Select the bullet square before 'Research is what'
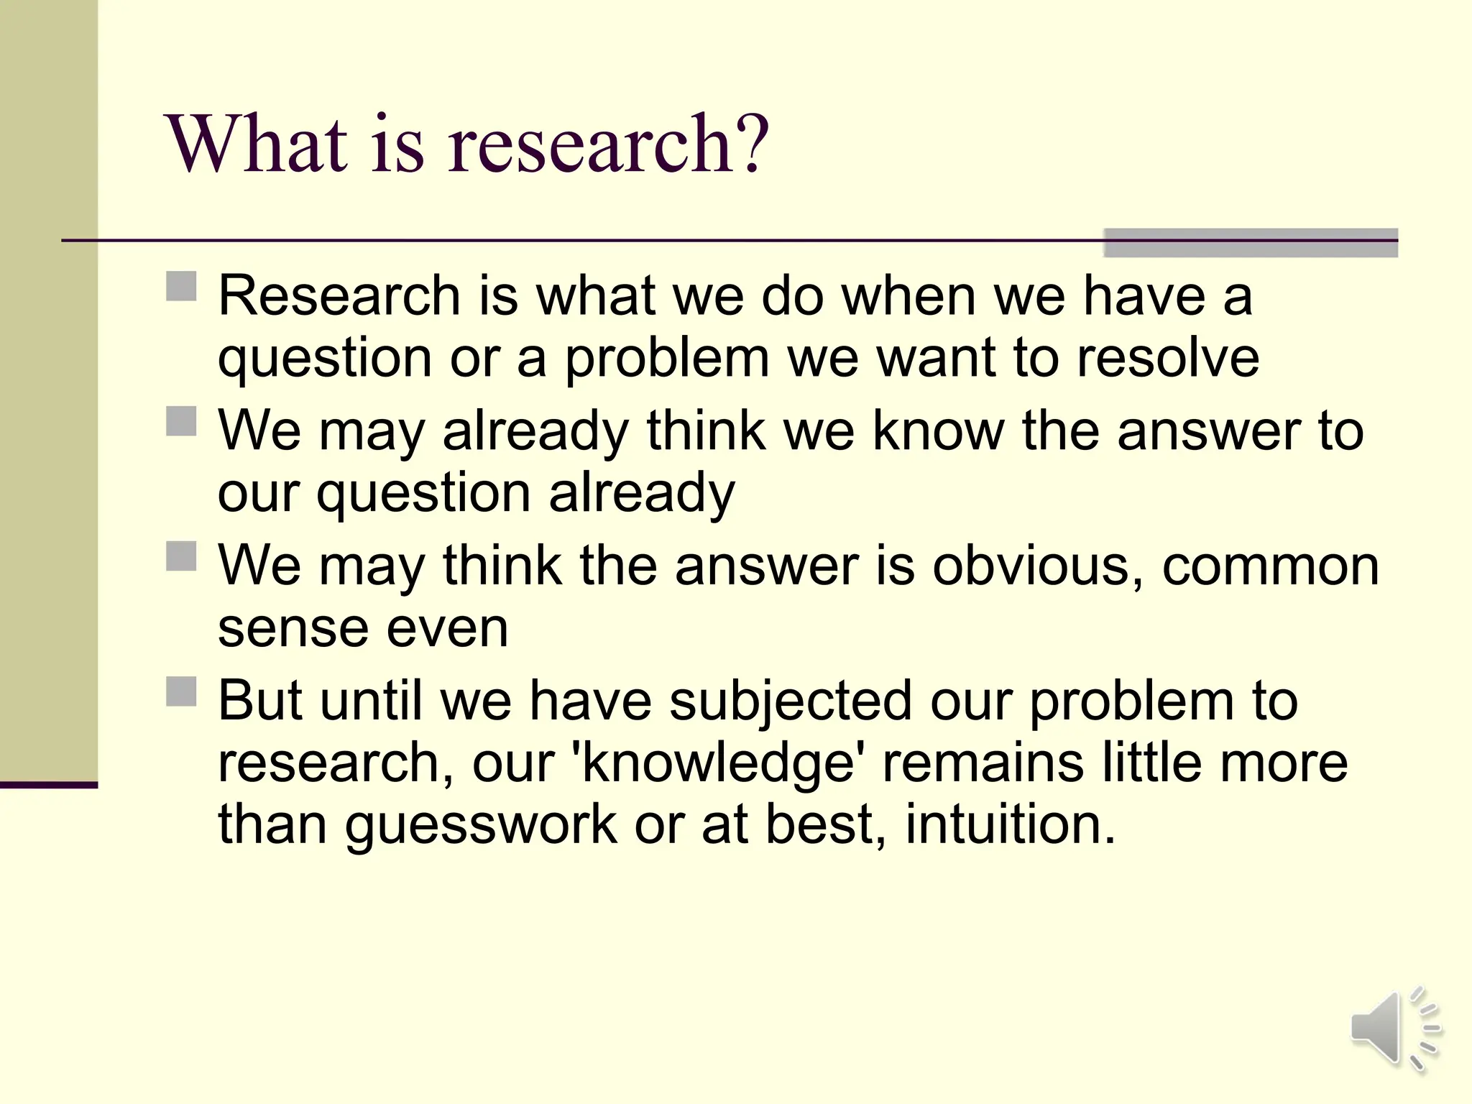point(181,286)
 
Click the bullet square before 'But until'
point(181,691)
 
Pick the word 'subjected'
point(790,701)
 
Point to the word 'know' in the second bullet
point(937,431)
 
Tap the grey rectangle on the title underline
point(1250,243)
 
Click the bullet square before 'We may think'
point(181,556)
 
